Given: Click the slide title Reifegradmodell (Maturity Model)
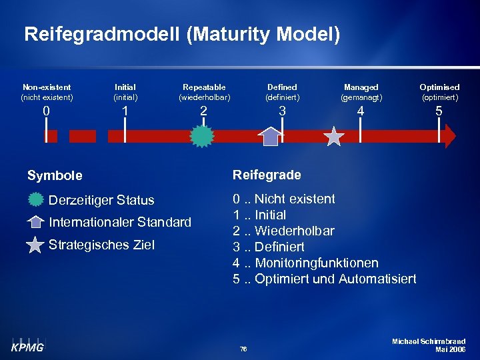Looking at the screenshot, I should pos(182,35).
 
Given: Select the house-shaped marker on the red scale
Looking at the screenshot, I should pos(271,136).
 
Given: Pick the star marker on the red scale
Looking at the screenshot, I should pos(333,136).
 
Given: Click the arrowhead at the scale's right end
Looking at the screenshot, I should pos(449,136).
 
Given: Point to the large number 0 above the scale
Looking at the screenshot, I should pos(46,111).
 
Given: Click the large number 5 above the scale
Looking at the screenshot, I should pos(439,111).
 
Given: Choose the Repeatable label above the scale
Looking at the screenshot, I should pos(204,87).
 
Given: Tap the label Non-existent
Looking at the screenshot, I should pos(47,87).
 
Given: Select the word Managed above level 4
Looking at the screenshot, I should pos(361,87).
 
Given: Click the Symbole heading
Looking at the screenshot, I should pos(55,176).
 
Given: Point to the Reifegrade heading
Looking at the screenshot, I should pos(267,175).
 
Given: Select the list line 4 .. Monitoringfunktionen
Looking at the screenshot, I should pos(305,263).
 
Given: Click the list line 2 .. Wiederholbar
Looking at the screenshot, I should pos(283,231).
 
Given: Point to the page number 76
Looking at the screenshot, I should pos(243,349).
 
